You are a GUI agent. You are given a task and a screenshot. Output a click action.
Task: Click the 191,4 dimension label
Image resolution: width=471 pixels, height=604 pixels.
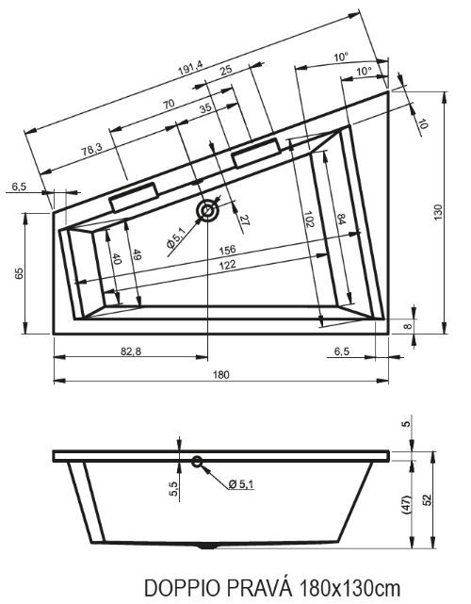pyautogui.click(x=190, y=68)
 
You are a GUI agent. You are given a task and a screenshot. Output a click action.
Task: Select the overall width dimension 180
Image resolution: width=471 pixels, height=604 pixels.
pyautogui.click(x=221, y=374)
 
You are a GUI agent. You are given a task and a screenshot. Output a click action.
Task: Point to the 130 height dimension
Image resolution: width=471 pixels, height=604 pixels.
pyautogui.click(x=438, y=212)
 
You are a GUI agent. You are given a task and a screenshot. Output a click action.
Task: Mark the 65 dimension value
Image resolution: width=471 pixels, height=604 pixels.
pyautogui.click(x=19, y=272)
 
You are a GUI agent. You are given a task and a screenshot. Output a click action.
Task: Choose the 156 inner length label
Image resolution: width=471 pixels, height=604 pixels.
pyautogui.click(x=227, y=250)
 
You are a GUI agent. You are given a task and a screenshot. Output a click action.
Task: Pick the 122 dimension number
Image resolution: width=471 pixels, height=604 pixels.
pyautogui.click(x=228, y=265)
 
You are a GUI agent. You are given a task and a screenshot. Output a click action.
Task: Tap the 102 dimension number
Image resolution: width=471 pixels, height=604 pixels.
pyautogui.click(x=309, y=219)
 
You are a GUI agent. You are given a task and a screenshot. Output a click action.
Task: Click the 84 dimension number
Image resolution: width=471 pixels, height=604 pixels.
pyautogui.click(x=341, y=219)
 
